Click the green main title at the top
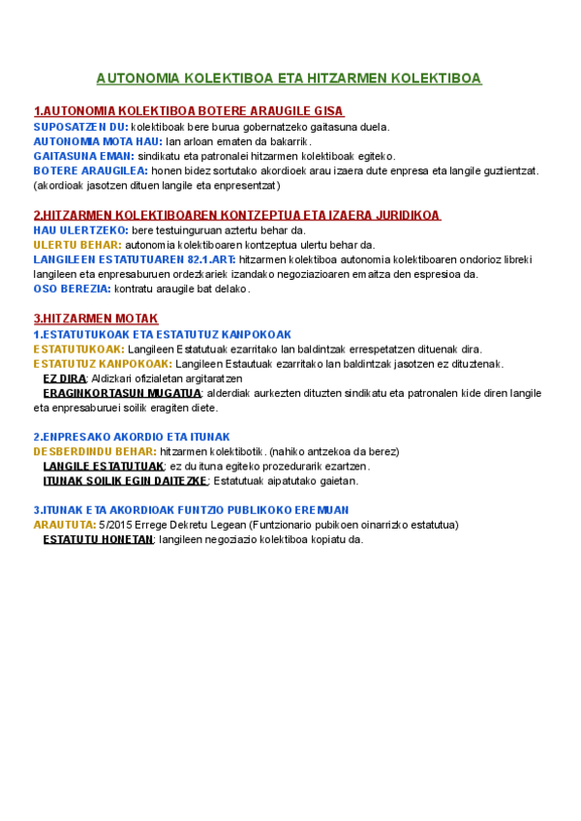[289, 78]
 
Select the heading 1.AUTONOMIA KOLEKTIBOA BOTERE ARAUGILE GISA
[189, 111]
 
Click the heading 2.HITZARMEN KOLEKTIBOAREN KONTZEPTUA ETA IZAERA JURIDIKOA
[237, 215]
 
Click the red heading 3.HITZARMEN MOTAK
[96, 319]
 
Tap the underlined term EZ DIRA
[65, 379]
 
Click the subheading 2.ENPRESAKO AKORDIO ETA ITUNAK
[132, 437]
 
